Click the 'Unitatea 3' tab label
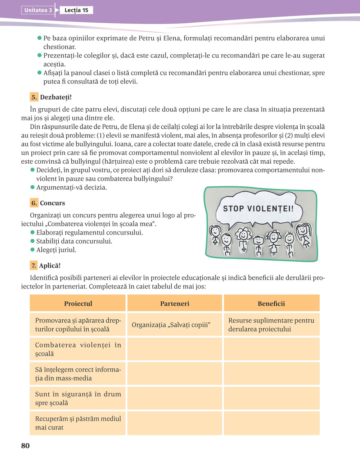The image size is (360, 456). point(38,10)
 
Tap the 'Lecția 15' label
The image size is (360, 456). point(76,10)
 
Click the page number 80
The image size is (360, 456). point(25,446)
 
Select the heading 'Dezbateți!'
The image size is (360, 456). point(56,97)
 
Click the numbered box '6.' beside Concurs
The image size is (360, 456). point(34,203)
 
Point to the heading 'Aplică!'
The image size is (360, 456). point(50,266)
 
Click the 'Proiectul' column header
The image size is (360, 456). point(78,304)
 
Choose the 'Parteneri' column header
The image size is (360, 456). point(175,304)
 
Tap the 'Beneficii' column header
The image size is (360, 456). point(271,304)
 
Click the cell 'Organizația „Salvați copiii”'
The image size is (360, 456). point(171,325)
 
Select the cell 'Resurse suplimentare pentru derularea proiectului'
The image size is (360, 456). point(271,325)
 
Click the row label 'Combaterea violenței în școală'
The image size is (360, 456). point(78,349)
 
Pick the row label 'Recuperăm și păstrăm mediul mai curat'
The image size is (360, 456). point(78,423)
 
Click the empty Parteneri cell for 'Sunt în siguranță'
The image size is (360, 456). point(175,398)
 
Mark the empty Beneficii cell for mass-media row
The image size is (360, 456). point(271,374)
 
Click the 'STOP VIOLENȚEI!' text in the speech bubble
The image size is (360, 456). point(258,209)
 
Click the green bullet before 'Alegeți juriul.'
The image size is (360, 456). point(33,250)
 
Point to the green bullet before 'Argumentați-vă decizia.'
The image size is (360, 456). point(33,187)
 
